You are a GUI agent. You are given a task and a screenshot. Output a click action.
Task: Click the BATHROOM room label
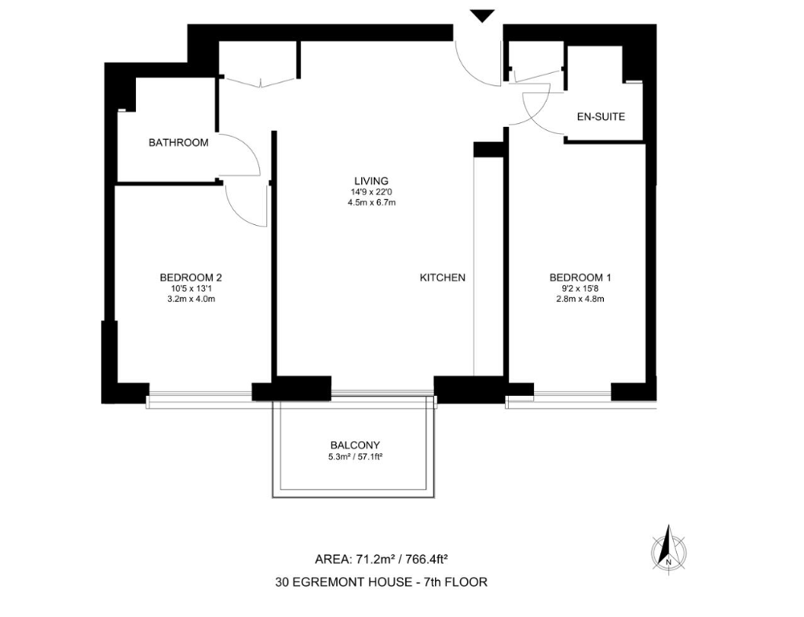(x=178, y=142)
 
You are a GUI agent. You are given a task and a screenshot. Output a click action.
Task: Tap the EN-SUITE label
(x=601, y=116)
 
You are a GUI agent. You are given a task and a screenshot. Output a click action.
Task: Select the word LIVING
(x=371, y=181)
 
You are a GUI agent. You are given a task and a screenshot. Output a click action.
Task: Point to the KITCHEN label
(x=442, y=278)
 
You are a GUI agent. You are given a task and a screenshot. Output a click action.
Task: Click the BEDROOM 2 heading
(x=191, y=278)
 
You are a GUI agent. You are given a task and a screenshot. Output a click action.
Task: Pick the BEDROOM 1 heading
(x=580, y=278)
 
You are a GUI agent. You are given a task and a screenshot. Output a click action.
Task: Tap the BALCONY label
(x=355, y=445)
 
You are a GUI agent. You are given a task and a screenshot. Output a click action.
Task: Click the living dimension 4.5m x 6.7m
(x=371, y=202)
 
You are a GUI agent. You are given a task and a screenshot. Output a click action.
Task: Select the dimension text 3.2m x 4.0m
(x=191, y=300)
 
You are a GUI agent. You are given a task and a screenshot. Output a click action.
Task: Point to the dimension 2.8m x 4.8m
(x=580, y=300)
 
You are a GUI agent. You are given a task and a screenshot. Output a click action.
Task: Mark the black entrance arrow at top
(x=482, y=16)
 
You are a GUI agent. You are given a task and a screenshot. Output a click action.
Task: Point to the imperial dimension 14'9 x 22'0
(x=371, y=192)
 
